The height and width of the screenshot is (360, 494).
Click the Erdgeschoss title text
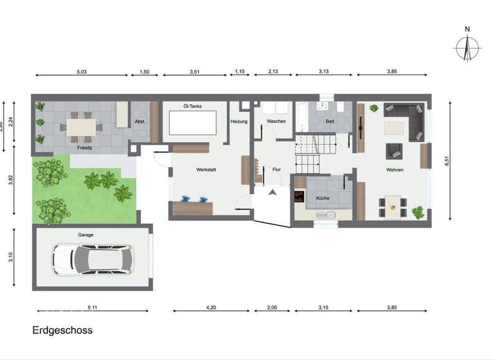pos(62,330)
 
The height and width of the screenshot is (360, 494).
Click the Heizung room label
pos(239,122)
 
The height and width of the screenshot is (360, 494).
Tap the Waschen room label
pos(276,122)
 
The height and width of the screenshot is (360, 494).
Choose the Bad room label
pos(330,122)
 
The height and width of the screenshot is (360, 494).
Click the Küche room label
pos(322,198)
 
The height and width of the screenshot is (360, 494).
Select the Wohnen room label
pos(395,170)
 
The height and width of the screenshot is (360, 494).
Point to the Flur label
pos(277,170)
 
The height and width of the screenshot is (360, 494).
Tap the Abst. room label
pos(140,122)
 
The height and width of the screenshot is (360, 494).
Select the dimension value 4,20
pos(210,309)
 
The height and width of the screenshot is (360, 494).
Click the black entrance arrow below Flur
pos(273,192)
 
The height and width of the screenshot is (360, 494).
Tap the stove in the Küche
pos(298,197)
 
